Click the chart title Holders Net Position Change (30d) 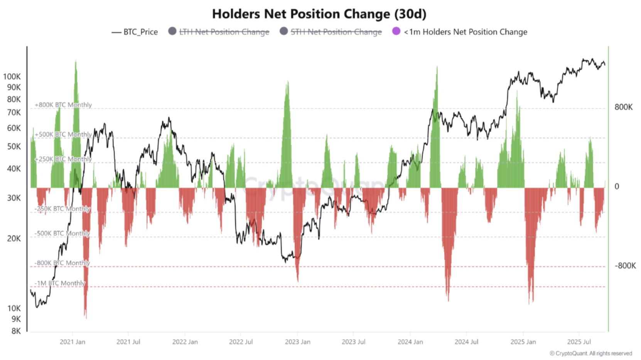pyautogui.click(x=319, y=14)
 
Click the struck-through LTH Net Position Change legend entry pyautogui.click(x=224, y=32)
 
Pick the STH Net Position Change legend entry pyautogui.click(x=336, y=32)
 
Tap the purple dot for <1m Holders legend pyautogui.click(x=396, y=31)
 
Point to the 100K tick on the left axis pyautogui.click(x=12, y=76)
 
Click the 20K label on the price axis pyautogui.click(x=14, y=238)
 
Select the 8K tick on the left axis pyautogui.click(x=16, y=331)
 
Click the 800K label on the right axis pyautogui.click(x=623, y=107)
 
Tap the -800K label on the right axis pyautogui.click(x=625, y=266)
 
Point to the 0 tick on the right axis pyautogui.click(x=617, y=187)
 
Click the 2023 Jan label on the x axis pyautogui.click(x=297, y=342)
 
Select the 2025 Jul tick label pyautogui.click(x=579, y=342)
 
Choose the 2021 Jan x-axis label pyautogui.click(x=73, y=342)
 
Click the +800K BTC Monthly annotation pyautogui.click(x=63, y=105)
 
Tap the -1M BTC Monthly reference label pyautogui.click(x=60, y=283)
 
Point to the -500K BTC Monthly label pyautogui.click(x=62, y=233)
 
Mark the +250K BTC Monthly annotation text pyautogui.click(x=63, y=159)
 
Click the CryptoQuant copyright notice pyautogui.click(x=590, y=353)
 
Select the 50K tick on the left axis pyautogui.click(x=14, y=146)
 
